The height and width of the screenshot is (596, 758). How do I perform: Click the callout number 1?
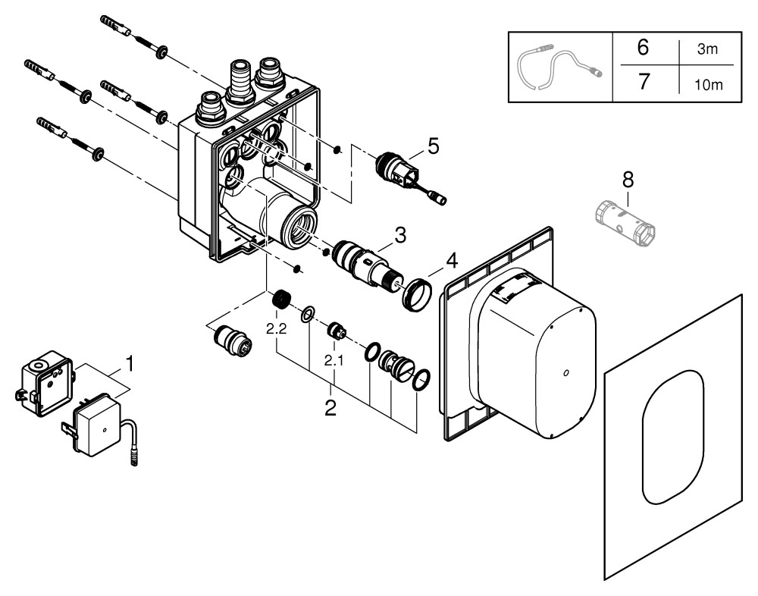(x=130, y=364)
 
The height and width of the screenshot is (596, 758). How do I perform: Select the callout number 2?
(x=330, y=407)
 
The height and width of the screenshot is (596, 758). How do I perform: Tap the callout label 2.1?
(x=334, y=362)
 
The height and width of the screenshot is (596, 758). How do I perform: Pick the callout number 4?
(x=451, y=262)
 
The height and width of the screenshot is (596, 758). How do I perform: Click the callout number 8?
(x=628, y=180)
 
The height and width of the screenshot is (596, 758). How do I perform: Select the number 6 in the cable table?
(x=643, y=48)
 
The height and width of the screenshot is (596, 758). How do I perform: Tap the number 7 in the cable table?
(x=643, y=80)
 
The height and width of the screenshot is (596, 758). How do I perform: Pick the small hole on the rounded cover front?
(x=565, y=372)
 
